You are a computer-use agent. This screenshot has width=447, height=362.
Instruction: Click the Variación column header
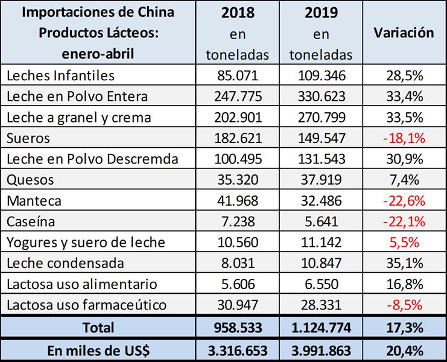(403, 33)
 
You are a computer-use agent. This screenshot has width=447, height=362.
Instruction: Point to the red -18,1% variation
(403, 138)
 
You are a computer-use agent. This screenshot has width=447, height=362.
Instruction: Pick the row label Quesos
(29, 180)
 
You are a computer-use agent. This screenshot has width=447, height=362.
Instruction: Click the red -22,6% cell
(403, 201)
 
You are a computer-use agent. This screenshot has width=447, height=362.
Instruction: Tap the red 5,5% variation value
(403, 243)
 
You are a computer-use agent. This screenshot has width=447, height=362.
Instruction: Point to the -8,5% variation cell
(403, 305)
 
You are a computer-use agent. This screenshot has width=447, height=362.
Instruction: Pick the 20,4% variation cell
(403, 351)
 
